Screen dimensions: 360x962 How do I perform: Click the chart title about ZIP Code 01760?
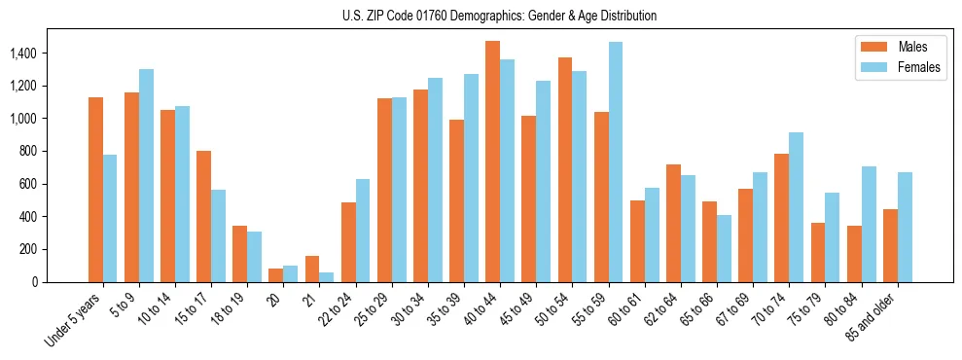coord(499,16)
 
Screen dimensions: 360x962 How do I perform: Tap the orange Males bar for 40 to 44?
coord(492,162)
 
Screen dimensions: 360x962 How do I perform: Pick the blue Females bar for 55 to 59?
coord(615,162)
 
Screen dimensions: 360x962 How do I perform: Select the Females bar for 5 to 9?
coord(146,175)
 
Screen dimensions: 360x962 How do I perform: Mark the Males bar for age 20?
coord(275,275)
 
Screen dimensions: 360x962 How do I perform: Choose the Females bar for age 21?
coord(327,277)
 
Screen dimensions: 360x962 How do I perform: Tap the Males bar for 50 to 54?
coord(564,169)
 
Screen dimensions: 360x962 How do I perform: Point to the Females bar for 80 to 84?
coord(868,224)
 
